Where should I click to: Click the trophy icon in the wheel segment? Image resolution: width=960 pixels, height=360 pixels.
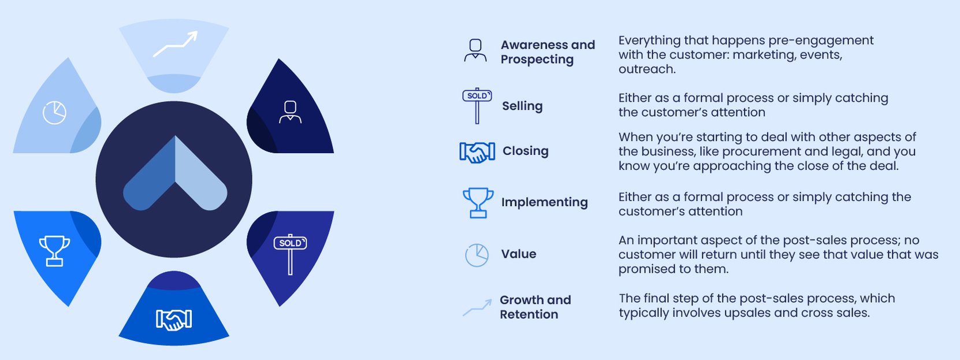pyautogui.click(x=54, y=250)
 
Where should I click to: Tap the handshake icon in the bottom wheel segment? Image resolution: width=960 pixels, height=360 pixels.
pyautogui.click(x=174, y=320)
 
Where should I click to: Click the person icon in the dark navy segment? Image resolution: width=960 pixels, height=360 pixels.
pyautogui.click(x=290, y=112)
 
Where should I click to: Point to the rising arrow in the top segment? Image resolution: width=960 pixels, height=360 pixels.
pyautogui.click(x=176, y=44)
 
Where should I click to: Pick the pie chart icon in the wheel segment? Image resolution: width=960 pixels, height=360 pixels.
pyautogui.click(x=55, y=112)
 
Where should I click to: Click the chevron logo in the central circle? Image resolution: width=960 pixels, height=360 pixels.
pyautogui.click(x=175, y=173)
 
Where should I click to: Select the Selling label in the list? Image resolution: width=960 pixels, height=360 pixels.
pyautogui.click(x=522, y=106)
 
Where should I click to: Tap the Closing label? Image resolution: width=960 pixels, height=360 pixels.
pyautogui.click(x=525, y=151)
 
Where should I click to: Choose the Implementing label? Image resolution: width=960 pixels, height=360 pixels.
pyautogui.click(x=544, y=202)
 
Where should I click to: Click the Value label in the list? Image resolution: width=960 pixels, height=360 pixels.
pyautogui.click(x=518, y=254)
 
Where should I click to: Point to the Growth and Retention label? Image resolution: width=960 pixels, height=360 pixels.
pyautogui.click(x=535, y=307)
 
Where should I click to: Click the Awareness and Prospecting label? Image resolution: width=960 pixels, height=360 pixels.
pyautogui.click(x=547, y=52)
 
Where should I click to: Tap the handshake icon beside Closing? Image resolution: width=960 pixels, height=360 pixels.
pyautogui.click(x=477, y=152)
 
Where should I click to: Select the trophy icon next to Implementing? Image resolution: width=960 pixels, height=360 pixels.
pyautogui.click(x=478, y=202)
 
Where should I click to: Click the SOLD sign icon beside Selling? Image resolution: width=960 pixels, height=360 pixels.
pyautogui.click(x=477, y=106)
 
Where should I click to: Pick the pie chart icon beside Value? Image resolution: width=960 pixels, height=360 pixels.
pyautogui.click(x=477, y=255)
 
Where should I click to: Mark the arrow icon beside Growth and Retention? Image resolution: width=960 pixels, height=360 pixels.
pyautogui.click(x=477, y=307)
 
